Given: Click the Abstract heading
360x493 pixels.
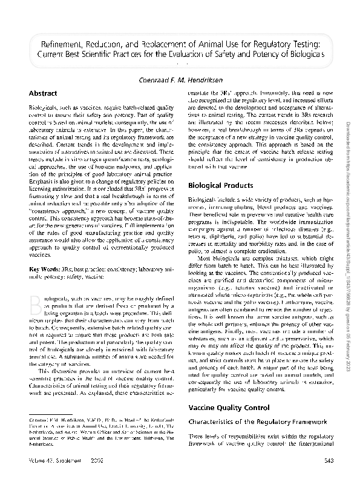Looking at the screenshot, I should (x=43, y=93).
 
